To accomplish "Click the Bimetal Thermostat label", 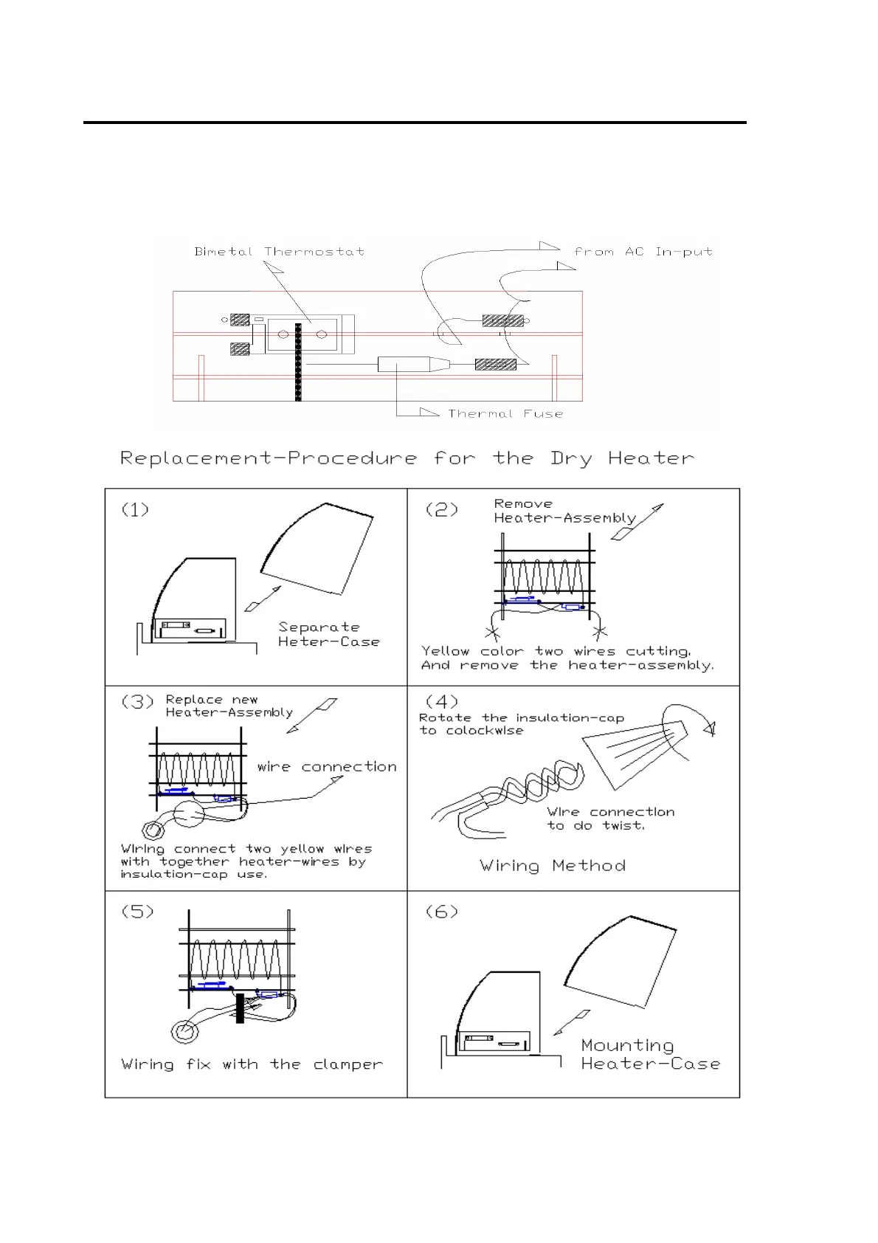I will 279,252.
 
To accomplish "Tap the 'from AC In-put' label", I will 643,252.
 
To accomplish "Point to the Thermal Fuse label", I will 505,414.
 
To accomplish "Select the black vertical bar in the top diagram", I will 298,362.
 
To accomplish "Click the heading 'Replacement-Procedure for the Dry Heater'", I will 407,458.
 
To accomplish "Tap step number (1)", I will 135,509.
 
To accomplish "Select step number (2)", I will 441,509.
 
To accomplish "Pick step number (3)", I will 138,701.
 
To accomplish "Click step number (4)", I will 442,701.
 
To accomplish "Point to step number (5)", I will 138,912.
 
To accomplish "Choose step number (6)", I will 442,912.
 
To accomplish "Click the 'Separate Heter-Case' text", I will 328,635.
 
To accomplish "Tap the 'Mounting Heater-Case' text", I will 649,1055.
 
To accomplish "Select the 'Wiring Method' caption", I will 553,866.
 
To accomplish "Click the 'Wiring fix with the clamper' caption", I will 252,1064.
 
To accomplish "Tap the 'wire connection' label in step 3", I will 327,767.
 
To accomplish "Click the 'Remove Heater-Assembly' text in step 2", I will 564,511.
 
